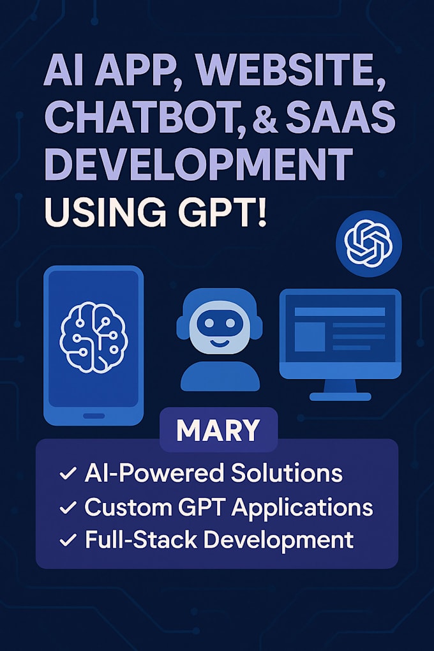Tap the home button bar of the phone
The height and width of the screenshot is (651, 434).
tap(93, 416)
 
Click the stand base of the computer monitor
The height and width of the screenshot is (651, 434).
tap(340, 396)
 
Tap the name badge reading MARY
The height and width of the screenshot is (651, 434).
tap(218, 431)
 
